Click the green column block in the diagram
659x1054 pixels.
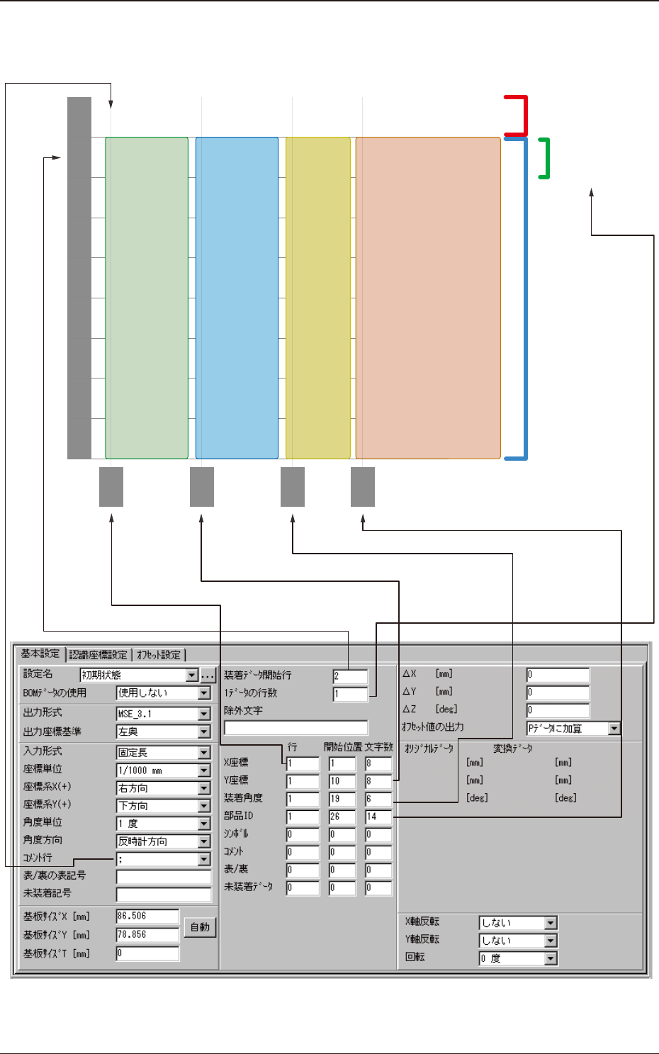click(x=147, y=298)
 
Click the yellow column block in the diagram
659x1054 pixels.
click(x=318, y=298)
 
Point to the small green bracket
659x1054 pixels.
click(x=545, y=158)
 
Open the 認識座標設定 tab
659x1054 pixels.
click(x=98, y=654)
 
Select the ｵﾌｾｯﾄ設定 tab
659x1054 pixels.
click(x=159, y=654)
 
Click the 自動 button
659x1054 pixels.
click(x=201, y=927)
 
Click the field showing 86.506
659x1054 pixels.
click(x=147, y=916)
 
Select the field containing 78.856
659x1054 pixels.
click(x=147, y=935)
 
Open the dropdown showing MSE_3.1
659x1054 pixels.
click(x=164, y=714)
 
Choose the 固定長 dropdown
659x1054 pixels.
click(x=164, y=752)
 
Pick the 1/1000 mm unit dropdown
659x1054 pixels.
click(x=164, y=770)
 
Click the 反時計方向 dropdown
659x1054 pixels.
click(x=164, y=841)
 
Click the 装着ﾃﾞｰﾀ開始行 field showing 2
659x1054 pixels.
click(x=350, y=676)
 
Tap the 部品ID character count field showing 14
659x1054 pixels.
click(x=378, y=817)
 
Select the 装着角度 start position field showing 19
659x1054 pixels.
click(x=342, y=799)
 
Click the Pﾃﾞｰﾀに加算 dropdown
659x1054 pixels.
click(x=573, y=728)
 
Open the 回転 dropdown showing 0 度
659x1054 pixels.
click(x=518, y=958)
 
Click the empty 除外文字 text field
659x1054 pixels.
click(x=295, y=728)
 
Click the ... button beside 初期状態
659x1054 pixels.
click(x=208, y=675)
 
